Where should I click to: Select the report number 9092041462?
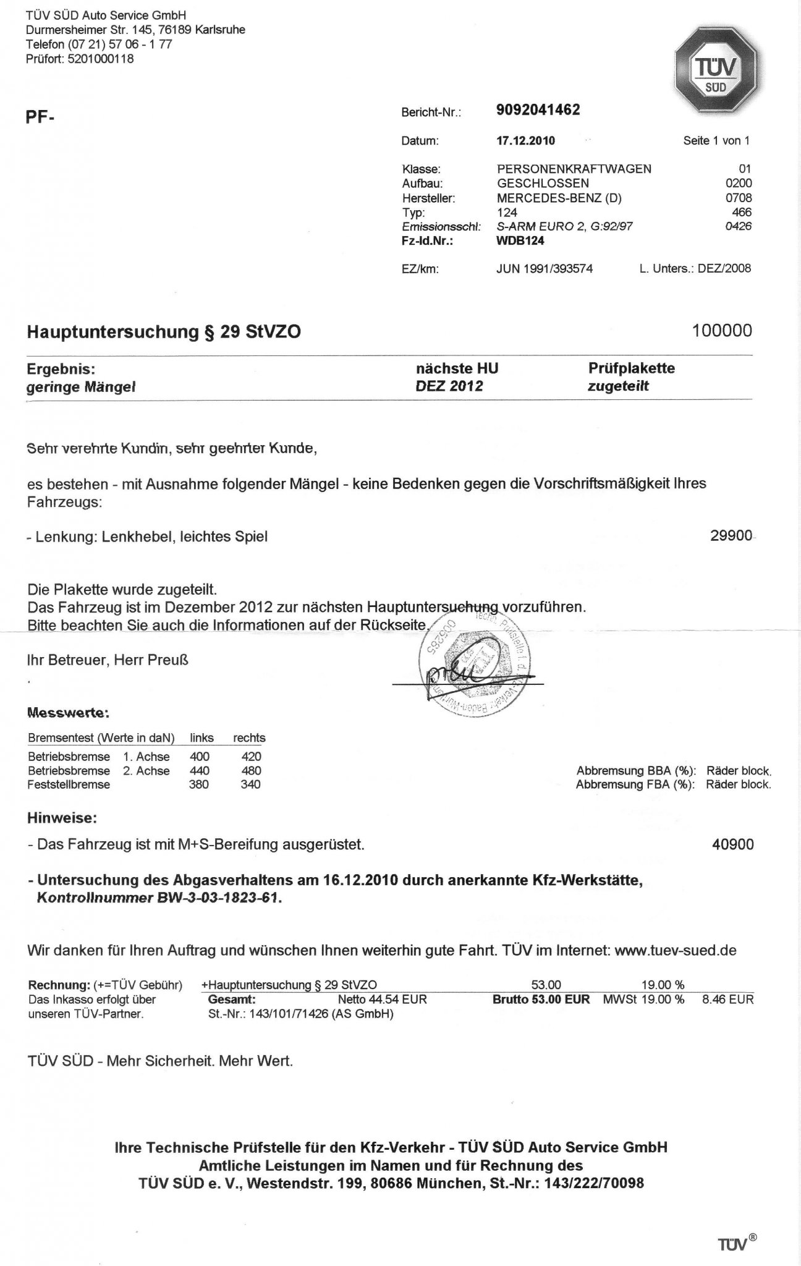pyautogui.click(x=538, y=110)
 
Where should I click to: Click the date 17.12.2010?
pyautogui.click(x=525, y=141)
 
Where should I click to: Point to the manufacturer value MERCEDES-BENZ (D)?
pyautogui.click(x=559, y=198)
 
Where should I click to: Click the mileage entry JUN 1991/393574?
pyautogui.click(x=544, y=269)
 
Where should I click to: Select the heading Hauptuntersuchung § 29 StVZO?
pyautogui.click(x=164, y=332)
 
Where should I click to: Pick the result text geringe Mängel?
pyautogui.click(x=81, y=388)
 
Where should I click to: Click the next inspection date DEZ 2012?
pyautogui.click(x=449, y=387)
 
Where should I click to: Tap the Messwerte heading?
pyautogui.click(x=68, y=713)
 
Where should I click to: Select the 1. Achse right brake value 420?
pyautogui.click(x=251, y=757)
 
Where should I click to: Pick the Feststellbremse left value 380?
pyautogui.click(x=199, y=785)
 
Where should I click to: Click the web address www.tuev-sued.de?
pyautogui.click(x=675, y=951)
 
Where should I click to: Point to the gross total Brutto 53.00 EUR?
pyautogui.click(x=541, y=999)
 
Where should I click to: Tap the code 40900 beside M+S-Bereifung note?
pyautogui.click(x=733, y=844)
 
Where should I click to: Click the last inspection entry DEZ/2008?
pyautogui.click(x=724, y=269)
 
